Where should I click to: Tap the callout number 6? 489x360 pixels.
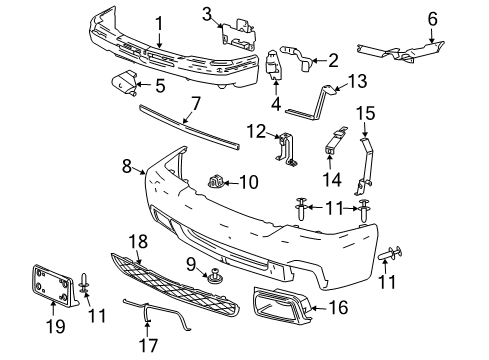tap(433, 18)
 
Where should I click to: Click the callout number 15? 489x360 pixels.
tap(365, 113)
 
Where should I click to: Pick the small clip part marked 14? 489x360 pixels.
tap(329, 153)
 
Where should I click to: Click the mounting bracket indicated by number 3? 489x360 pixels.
tap(238, 32)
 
